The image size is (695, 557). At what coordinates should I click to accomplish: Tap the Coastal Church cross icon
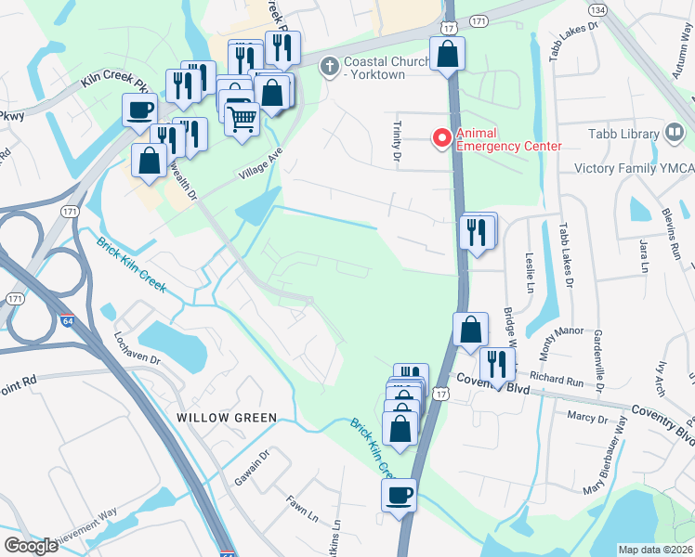click(x=327, y=65)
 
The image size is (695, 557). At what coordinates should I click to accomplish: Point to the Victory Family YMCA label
click(x=634, y=169)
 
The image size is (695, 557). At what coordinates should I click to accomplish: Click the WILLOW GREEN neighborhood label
click(x=227, y=418)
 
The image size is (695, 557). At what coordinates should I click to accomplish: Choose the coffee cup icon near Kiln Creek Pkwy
click(x=140, y=110)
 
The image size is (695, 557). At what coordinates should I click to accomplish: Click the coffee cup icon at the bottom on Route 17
click(x=400, y=494)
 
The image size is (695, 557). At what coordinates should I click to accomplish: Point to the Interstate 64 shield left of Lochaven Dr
click(x=67, y=320)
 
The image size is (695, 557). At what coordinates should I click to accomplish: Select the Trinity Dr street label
click(x=397, y=137)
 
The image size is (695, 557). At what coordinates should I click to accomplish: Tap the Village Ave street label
click(x=257, y=163)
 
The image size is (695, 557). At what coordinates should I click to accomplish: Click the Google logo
click(x=32, y=546)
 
